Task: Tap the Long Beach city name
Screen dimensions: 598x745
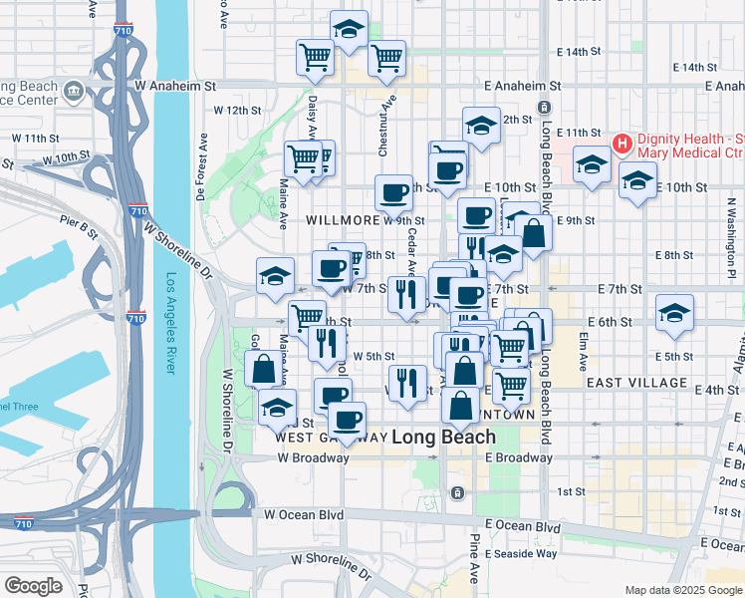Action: [x=443, y=437]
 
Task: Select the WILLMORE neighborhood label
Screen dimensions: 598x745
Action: [x=343, y=219]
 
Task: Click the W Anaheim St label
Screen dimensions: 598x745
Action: [x=182, y=87]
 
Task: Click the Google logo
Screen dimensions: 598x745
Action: [x=33, y=585]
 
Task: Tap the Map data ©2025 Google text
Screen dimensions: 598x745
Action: [x=684, y=590]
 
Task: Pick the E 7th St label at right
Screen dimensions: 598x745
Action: [x=620, y=289]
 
